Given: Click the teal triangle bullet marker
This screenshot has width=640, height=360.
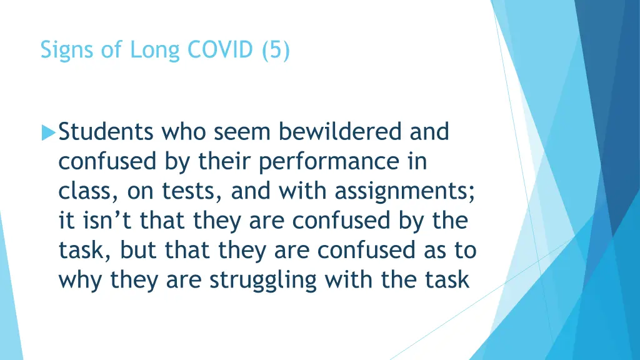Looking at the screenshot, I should [48, 133].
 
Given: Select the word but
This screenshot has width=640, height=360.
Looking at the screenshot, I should [139, 250].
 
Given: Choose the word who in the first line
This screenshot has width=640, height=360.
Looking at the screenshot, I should [184, 132].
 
